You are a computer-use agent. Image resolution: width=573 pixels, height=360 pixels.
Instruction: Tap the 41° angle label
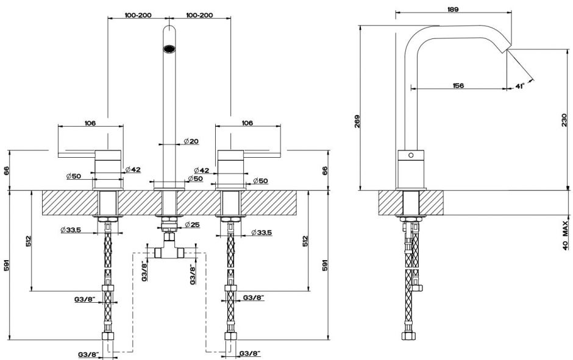pyautogui.click(x=519, y=86)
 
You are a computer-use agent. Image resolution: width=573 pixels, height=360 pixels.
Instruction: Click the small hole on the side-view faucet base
pyautogui.click(x=411, y=155)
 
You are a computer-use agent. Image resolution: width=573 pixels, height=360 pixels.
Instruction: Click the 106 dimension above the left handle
pyautogui.click(x=90, y=123)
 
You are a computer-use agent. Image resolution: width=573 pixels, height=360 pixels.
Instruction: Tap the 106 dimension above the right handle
pyautogui.click(x=247, y=123)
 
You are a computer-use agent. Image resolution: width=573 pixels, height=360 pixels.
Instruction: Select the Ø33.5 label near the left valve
pyautogui.click(x=71, y=230)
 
